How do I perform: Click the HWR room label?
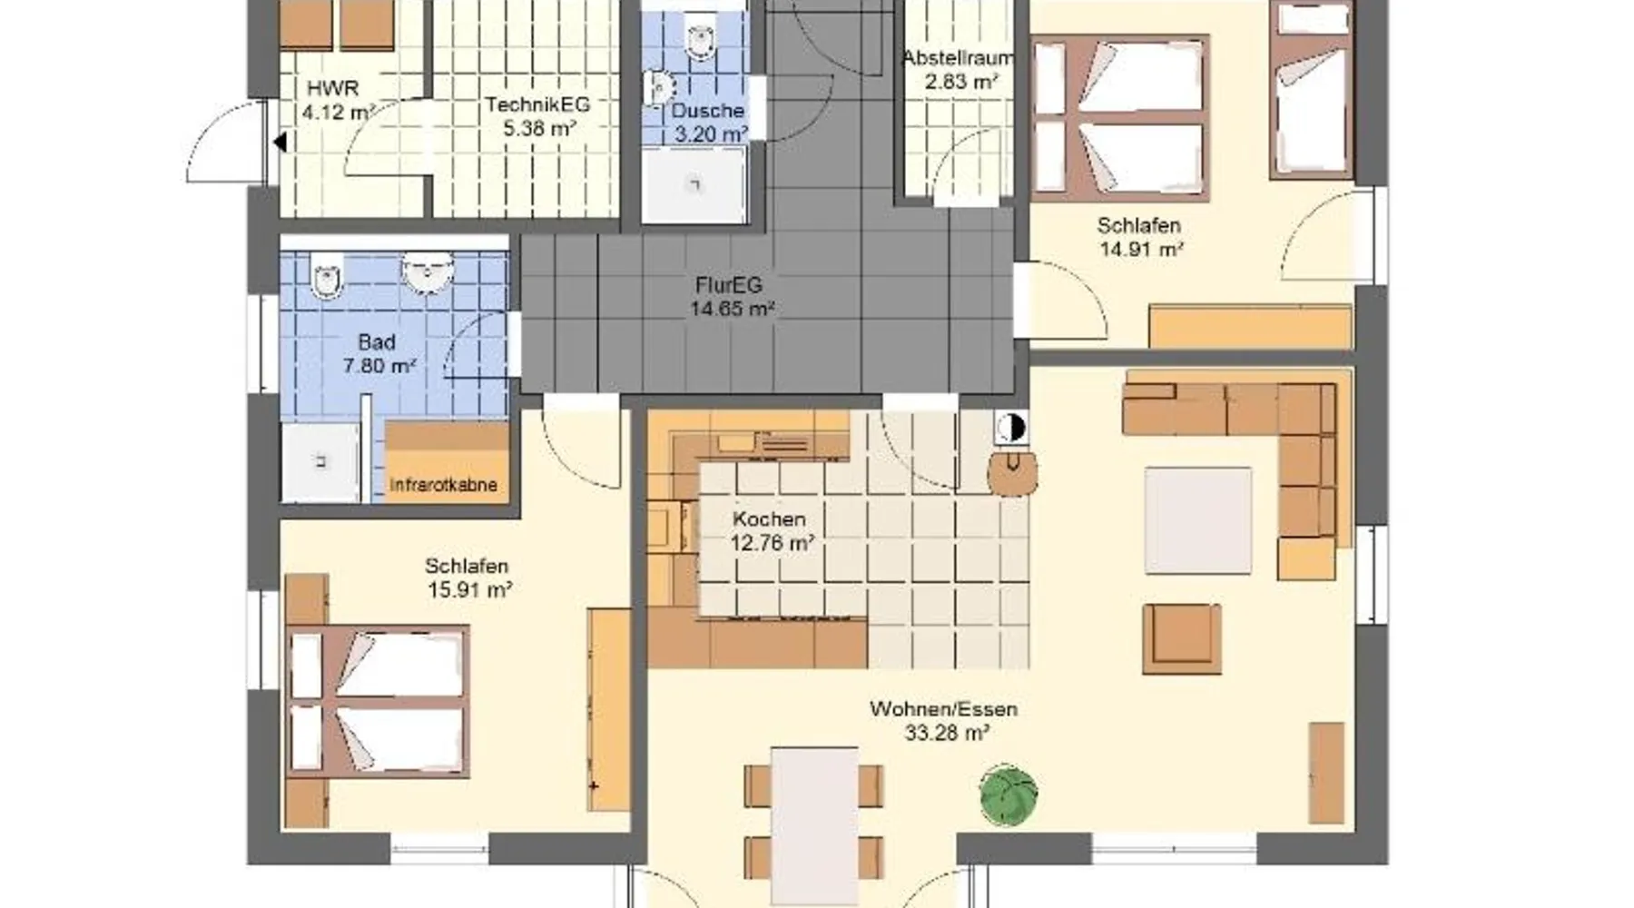pos(332,89)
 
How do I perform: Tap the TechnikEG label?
pos(537,104)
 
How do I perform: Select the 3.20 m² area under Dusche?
pos(709,134)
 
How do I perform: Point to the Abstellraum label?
pos(958,58)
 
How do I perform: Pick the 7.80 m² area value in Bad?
pos(379,366)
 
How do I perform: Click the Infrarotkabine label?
pos(444,485)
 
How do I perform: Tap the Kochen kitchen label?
pos(769,519)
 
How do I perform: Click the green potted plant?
pos(1009,796)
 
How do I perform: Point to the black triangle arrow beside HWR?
pos(281,143)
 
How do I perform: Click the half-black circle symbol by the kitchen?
pos(1010,428)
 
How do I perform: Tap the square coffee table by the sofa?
pos(1197,520)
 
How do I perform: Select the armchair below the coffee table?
pos(1181,639)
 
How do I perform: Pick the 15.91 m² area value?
pos(469,589)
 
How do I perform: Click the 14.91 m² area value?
pos(1141,249)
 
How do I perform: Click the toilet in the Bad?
pos(327,273)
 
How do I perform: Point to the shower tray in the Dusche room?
pos(694,185)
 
